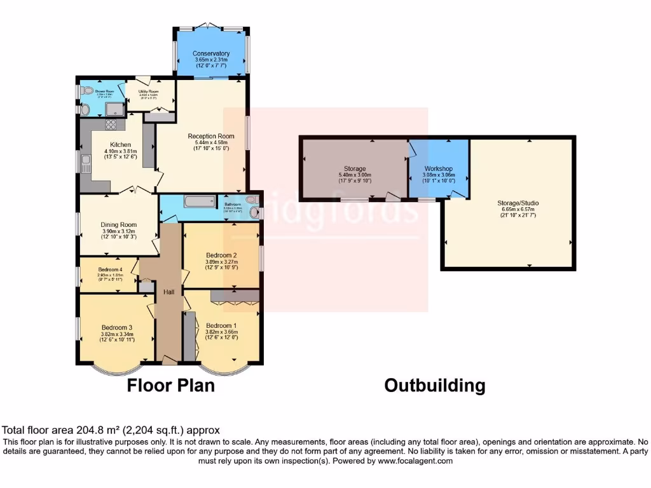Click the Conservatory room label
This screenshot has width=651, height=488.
(212, 53)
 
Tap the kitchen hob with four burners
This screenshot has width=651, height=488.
(111, 125)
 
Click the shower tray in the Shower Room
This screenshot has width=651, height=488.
(114, 109)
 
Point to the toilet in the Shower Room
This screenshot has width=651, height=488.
(88, 90)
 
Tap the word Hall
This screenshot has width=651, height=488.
(169, 292)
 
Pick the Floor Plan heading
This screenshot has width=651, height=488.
(171, 386)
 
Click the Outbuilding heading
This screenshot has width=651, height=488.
(435, 386)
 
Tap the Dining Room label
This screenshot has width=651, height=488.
(119, 224)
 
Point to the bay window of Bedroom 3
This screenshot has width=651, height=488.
(115, 368)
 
